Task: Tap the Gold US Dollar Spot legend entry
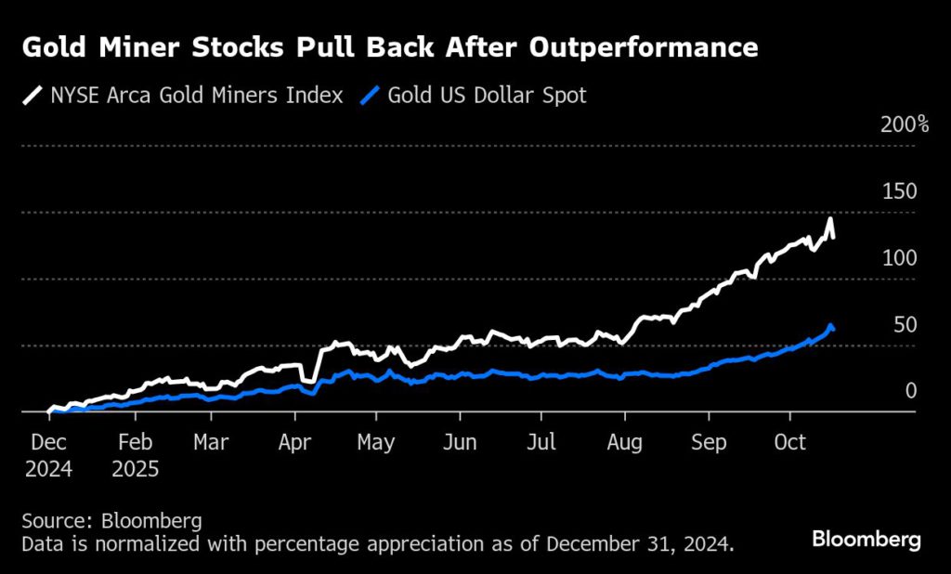[x=474, y=95]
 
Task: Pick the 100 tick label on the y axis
[x=899, y=258]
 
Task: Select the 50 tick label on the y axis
[x=905, y=325]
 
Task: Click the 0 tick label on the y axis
[x=911, y=391]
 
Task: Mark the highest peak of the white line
[x=829, y=219]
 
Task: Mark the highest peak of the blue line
[x=830, y=325]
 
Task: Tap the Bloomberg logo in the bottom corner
[x=866, y=539]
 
